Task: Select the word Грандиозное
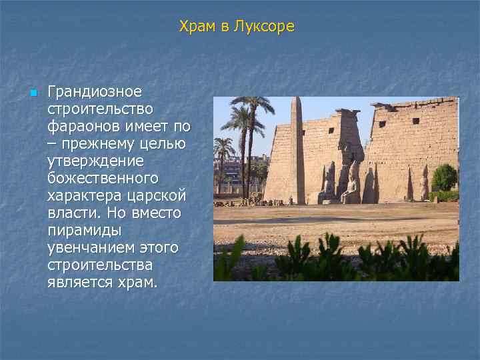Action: (94, 91)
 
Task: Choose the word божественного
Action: (103, 178)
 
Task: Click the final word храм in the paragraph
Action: (136, 283)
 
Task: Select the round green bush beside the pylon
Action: (444, 177)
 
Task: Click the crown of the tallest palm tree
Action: (252, 105)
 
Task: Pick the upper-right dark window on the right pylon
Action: (415, 121)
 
